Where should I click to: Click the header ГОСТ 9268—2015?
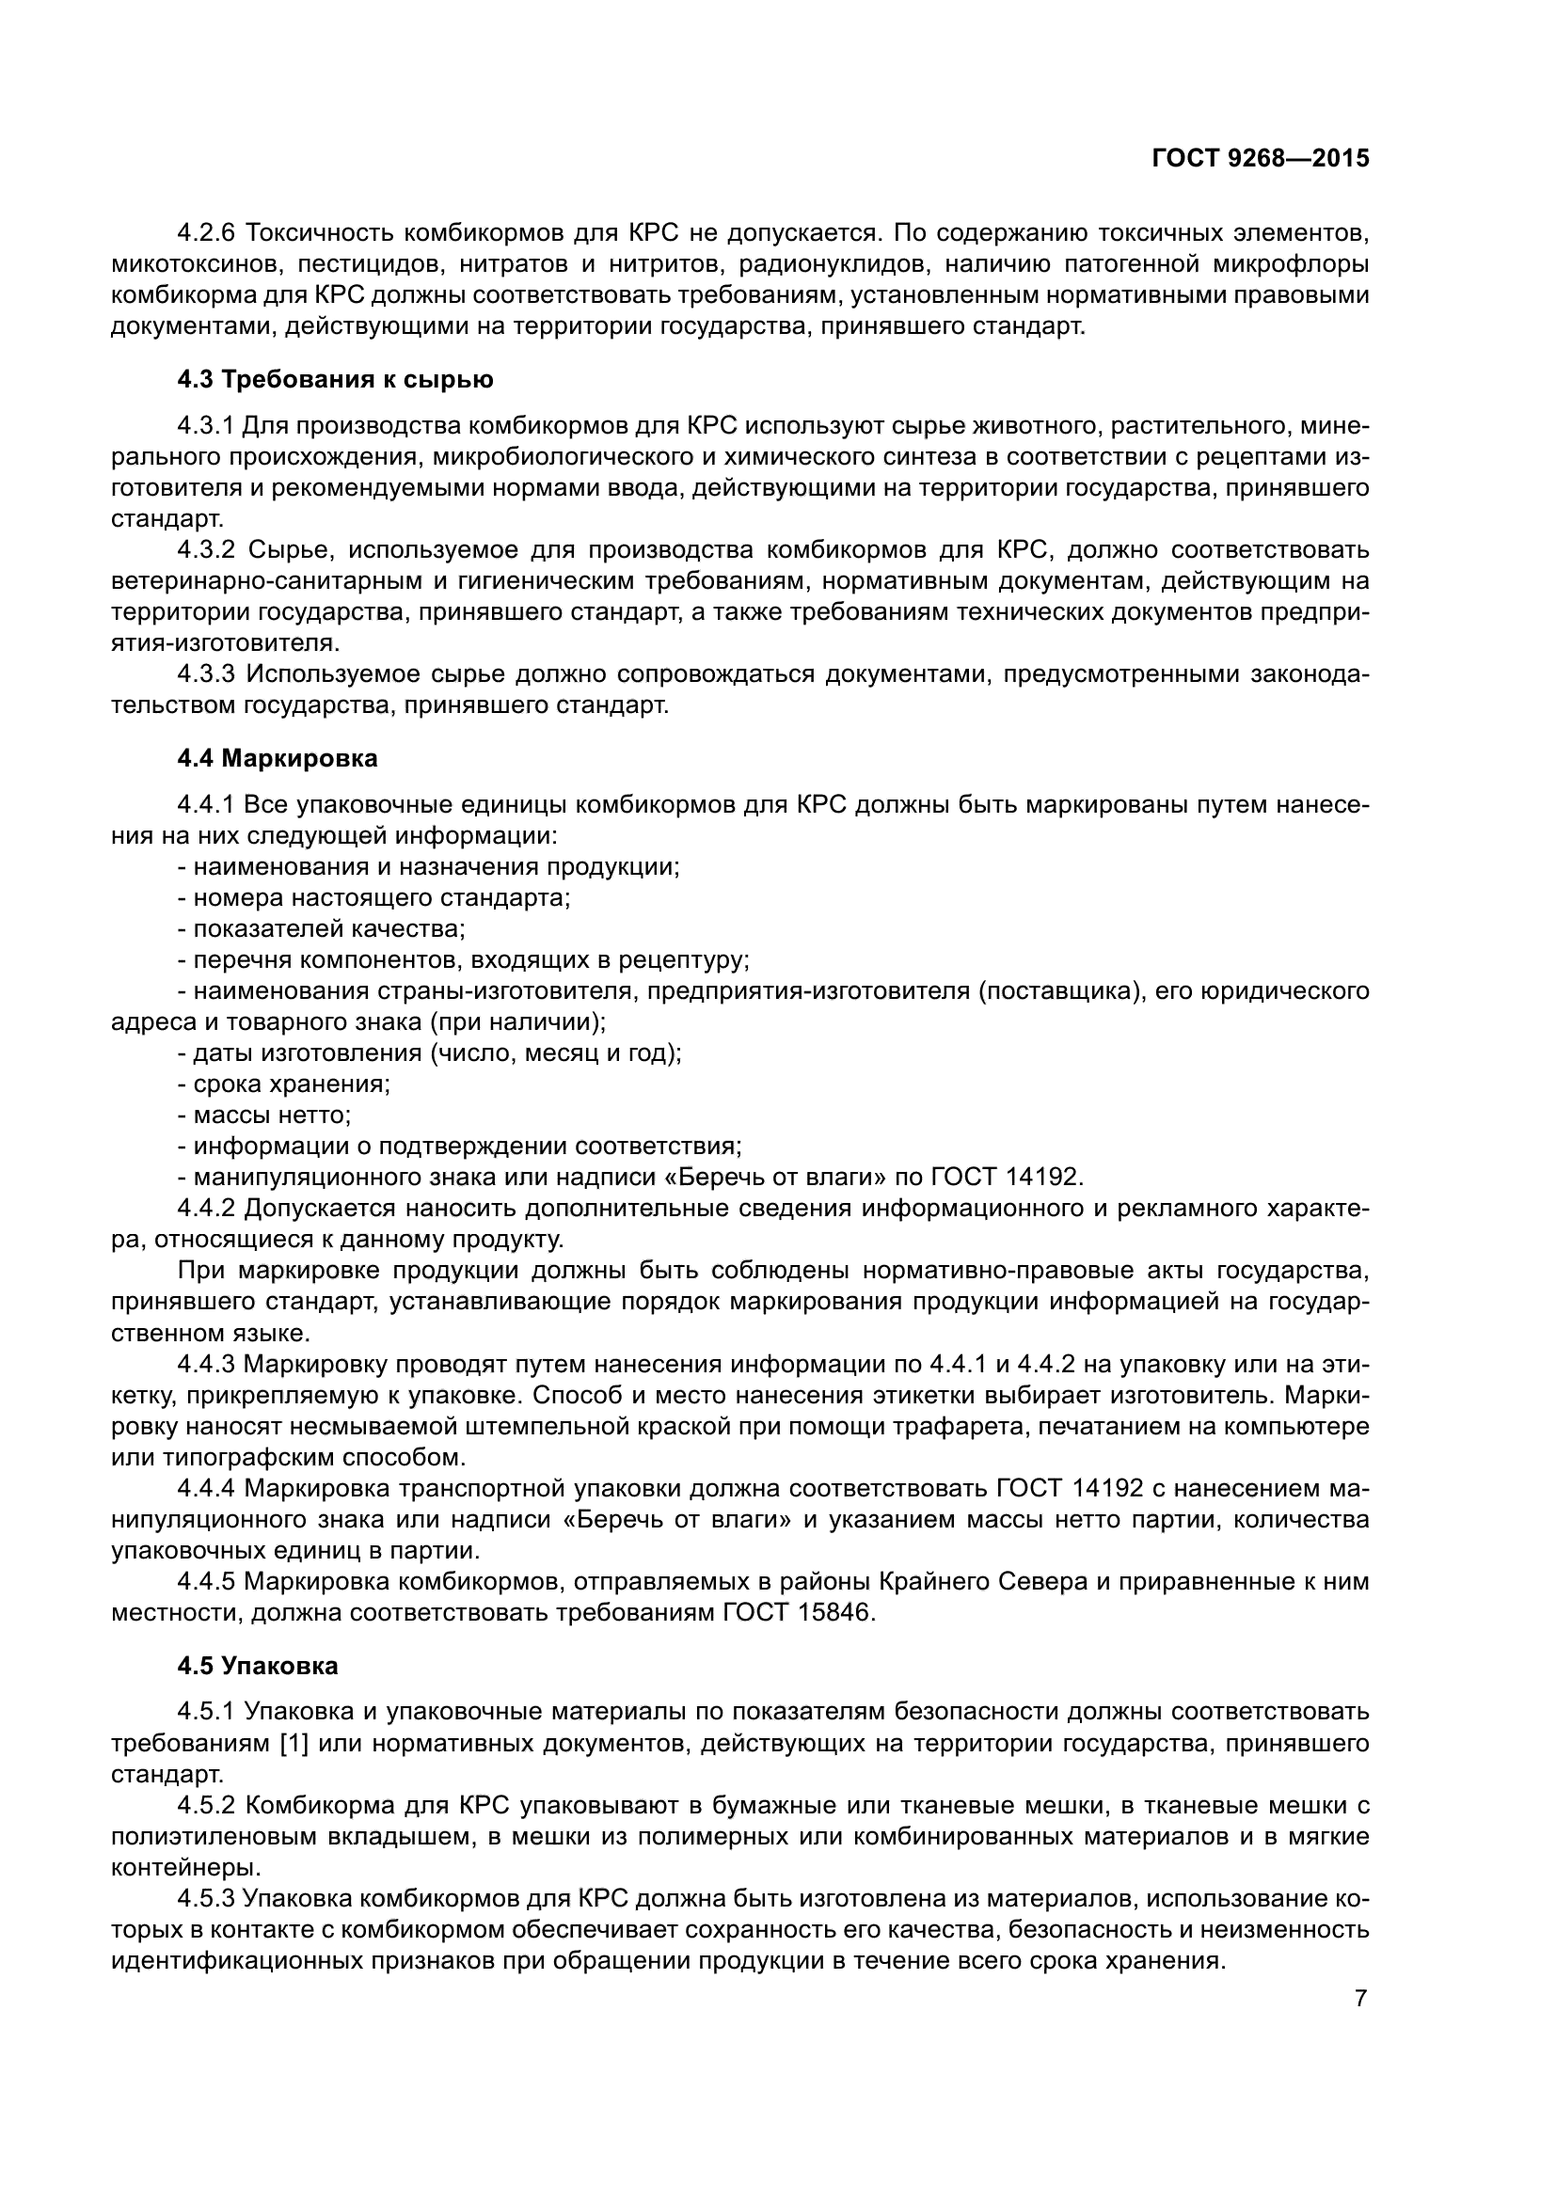click(x=1260, y=159)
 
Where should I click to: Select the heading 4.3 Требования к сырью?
click(x=335, y=380)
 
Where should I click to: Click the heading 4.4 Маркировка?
click(x=278, y=759)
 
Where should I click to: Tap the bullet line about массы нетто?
click(x=265, y=1116)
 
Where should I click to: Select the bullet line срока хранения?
click(x=284, y=1084)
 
